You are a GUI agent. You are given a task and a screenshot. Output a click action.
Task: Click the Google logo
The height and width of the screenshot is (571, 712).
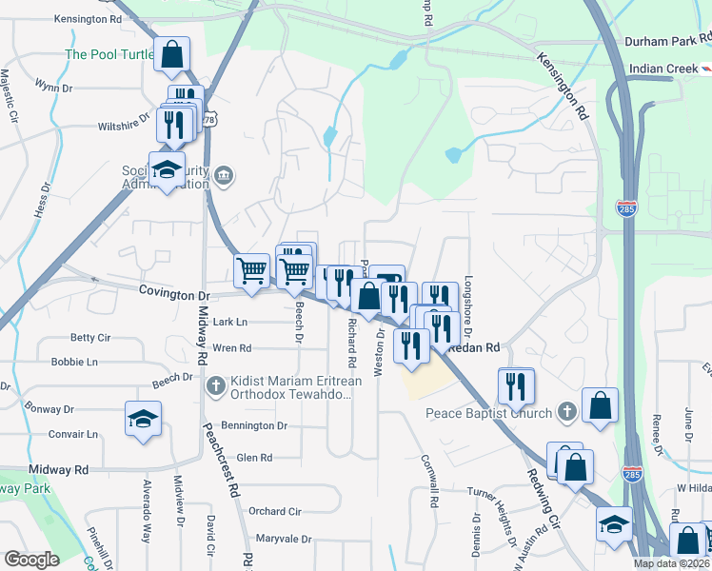pyautogui.click(x=31, y=560)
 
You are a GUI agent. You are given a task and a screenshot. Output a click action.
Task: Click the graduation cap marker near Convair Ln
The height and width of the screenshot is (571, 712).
pyautogui.click(x=143, y=419)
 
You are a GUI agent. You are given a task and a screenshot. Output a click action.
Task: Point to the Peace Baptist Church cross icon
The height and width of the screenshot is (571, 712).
pyautogui.click(x=567, y=412)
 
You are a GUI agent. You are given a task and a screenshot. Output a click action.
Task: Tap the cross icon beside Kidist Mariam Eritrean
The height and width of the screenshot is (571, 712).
pyautogui.click(x=216, y=385)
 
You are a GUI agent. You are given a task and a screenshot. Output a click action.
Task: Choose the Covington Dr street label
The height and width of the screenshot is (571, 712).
pyautogui.click(x=173, y=295)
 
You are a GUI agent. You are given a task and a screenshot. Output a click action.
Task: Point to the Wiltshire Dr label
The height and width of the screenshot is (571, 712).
pyautogui.click(x=124, y=124)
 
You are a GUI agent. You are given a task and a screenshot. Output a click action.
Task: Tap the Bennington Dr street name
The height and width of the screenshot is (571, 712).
pyautogui.click(x=254, y=425)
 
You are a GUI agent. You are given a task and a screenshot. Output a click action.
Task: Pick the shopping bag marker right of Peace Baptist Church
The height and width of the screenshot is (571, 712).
pyautogui.click(x=600, y=404)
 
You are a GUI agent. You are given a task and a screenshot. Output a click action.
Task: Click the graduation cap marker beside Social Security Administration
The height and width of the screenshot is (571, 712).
pyautogui.click(x=168, y=170)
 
